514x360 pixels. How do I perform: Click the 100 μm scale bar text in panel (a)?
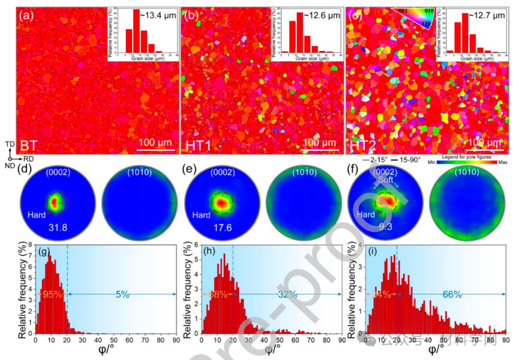[x=155, y=142]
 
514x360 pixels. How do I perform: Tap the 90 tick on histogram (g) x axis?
[x=177, y=341]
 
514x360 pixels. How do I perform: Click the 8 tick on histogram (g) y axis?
[x=30, y=246]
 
